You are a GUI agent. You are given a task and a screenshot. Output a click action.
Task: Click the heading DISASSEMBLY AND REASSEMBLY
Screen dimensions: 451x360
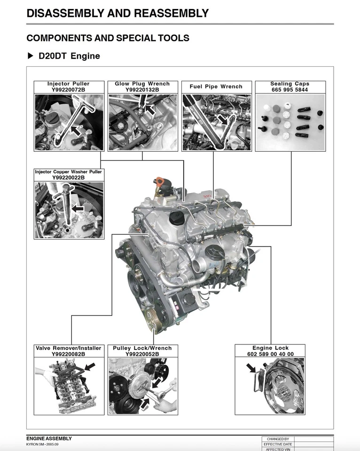coord(117,13)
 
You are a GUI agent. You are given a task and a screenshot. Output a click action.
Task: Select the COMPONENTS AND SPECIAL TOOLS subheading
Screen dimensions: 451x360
coord(108,38)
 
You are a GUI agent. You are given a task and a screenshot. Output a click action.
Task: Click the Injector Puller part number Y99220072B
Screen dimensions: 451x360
coord(68,89)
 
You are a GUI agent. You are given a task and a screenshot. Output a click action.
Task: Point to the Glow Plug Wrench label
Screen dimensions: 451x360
coord(142,84)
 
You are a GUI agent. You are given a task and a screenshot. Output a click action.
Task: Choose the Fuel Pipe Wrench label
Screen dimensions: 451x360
coord(216,86)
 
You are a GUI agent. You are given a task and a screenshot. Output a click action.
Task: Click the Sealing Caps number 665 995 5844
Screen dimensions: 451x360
coord(290,89)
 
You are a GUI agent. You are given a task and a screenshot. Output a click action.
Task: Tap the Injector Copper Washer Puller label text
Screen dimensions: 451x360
coord(68,172)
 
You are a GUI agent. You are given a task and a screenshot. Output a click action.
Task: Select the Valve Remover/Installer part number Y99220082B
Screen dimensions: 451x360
coord(68,354)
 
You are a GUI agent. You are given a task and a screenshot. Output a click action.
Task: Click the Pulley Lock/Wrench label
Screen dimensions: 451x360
coord(142,348)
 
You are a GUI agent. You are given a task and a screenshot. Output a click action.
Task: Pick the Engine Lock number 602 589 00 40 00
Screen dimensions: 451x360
coord(270,354)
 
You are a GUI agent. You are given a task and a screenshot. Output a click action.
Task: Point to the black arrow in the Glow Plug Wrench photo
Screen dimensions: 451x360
coord(150,109)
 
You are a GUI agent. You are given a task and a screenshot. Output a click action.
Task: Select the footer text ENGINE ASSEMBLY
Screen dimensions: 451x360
coord(49,438)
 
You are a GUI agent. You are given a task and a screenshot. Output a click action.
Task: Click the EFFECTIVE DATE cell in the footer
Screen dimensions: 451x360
coord(278,444)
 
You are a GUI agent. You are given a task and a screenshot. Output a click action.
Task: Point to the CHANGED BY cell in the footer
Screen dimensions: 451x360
coord(278,439)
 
